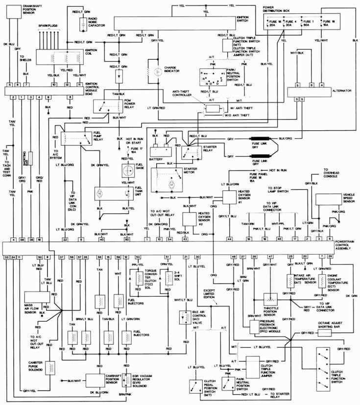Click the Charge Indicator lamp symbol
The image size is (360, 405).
point(158,72)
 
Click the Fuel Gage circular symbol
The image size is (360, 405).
point(128,170)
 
